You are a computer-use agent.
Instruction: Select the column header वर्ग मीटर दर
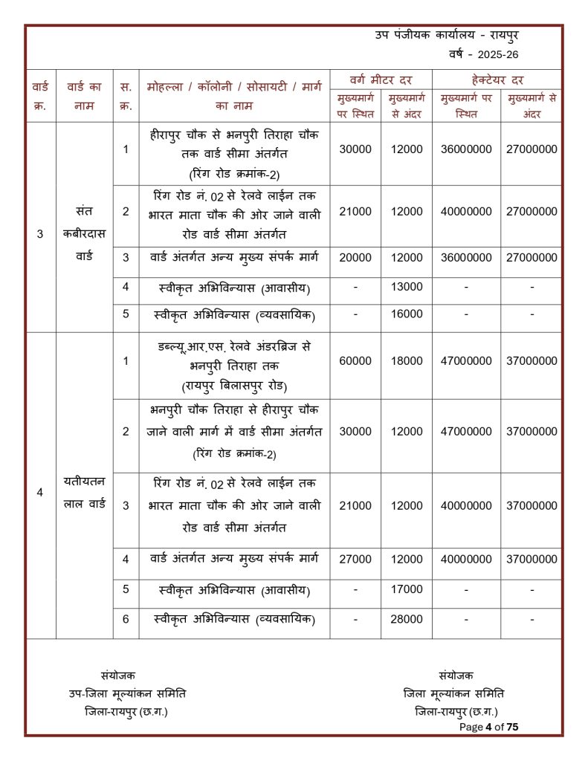(381, 79)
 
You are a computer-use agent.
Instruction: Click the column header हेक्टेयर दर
(497, 79)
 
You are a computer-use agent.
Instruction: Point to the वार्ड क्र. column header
(40, 96)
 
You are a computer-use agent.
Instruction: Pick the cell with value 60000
(355, 361)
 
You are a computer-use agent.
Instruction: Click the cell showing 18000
(407, 361)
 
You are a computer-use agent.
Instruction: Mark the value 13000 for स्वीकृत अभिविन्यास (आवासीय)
(407, 287)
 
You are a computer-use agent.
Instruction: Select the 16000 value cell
(407, 314)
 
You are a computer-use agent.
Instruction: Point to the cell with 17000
(407, 590)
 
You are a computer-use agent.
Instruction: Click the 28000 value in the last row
(407, 619)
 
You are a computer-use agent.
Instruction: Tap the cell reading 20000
(355, 257)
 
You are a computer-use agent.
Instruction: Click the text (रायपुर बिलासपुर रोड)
(234, 386)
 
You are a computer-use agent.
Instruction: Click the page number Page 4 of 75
(488, 727)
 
